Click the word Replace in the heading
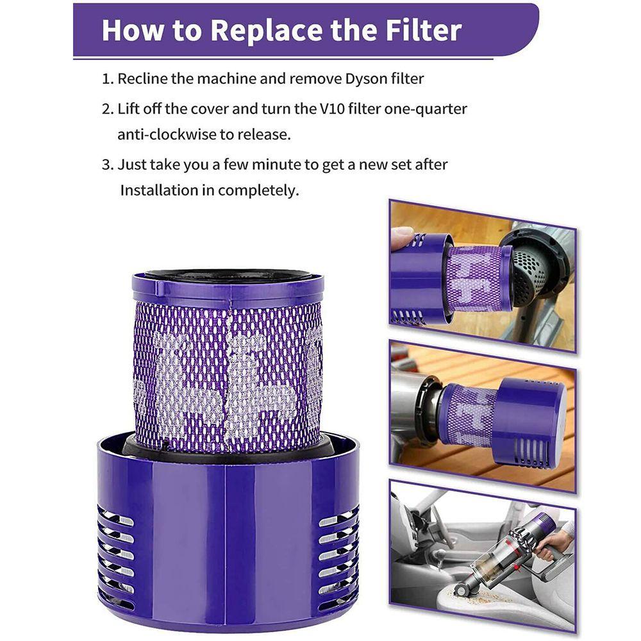267,31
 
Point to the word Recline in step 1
142,78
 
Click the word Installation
158,190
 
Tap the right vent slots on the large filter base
338,552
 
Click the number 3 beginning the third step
106,165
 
